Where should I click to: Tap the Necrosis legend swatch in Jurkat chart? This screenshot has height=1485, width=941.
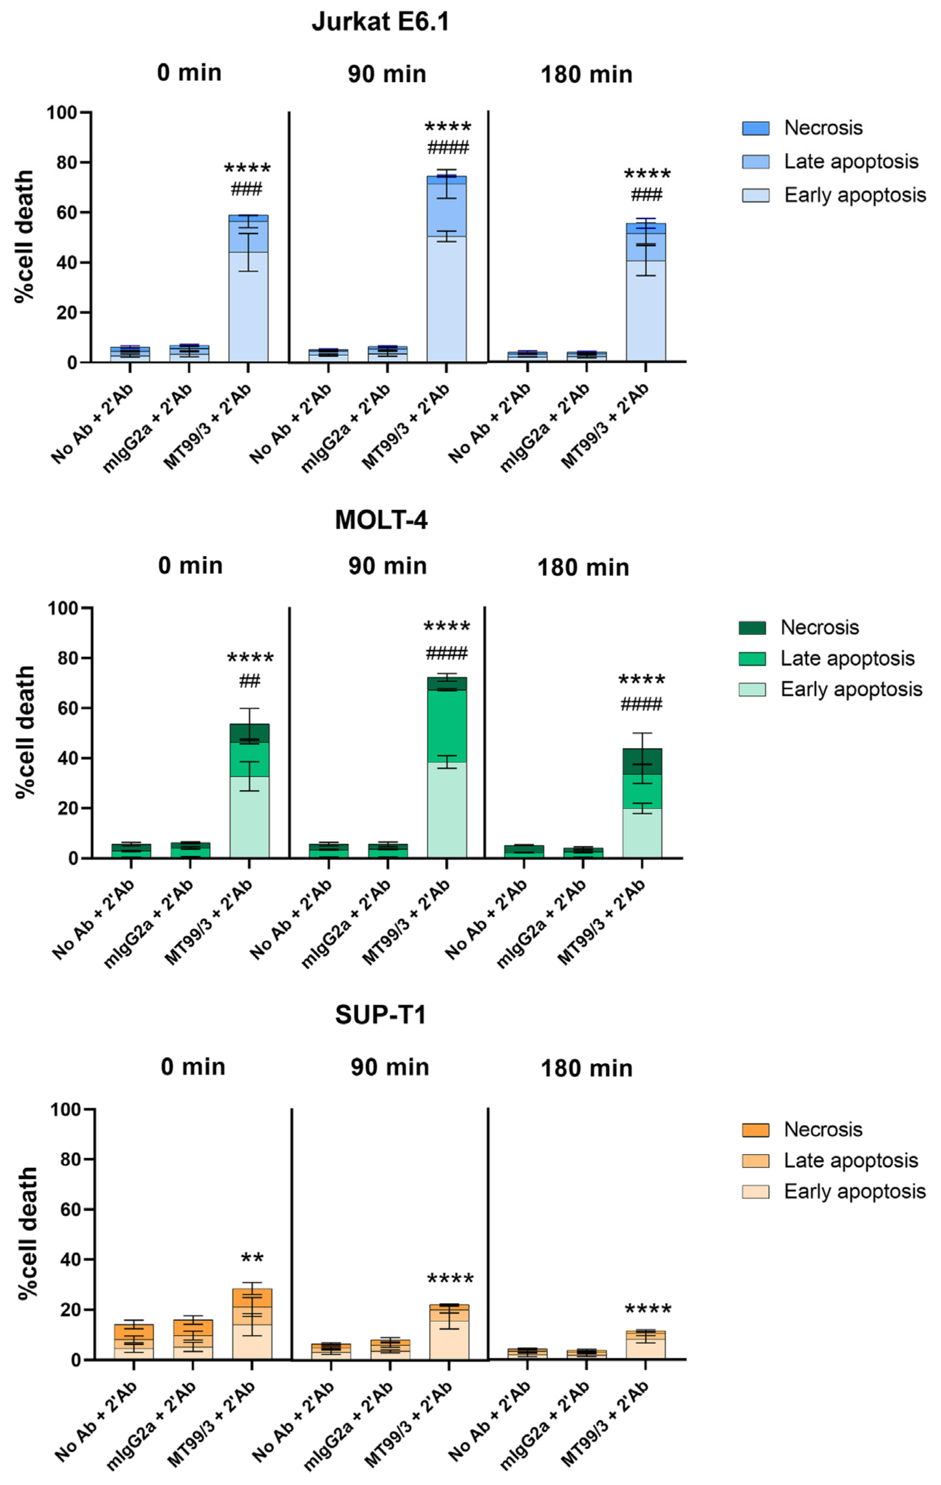(756, 128)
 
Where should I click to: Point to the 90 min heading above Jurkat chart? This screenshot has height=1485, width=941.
(386, 74)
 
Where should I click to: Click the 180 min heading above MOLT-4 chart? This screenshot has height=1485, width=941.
(583, 567)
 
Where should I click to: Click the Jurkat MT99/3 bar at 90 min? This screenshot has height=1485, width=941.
(446, 278)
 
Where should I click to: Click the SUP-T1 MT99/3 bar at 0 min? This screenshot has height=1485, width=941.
(252, 1332)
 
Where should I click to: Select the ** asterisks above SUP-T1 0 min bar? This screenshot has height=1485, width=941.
(252, 1257)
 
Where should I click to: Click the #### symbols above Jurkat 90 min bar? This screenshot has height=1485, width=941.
(448, 148)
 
